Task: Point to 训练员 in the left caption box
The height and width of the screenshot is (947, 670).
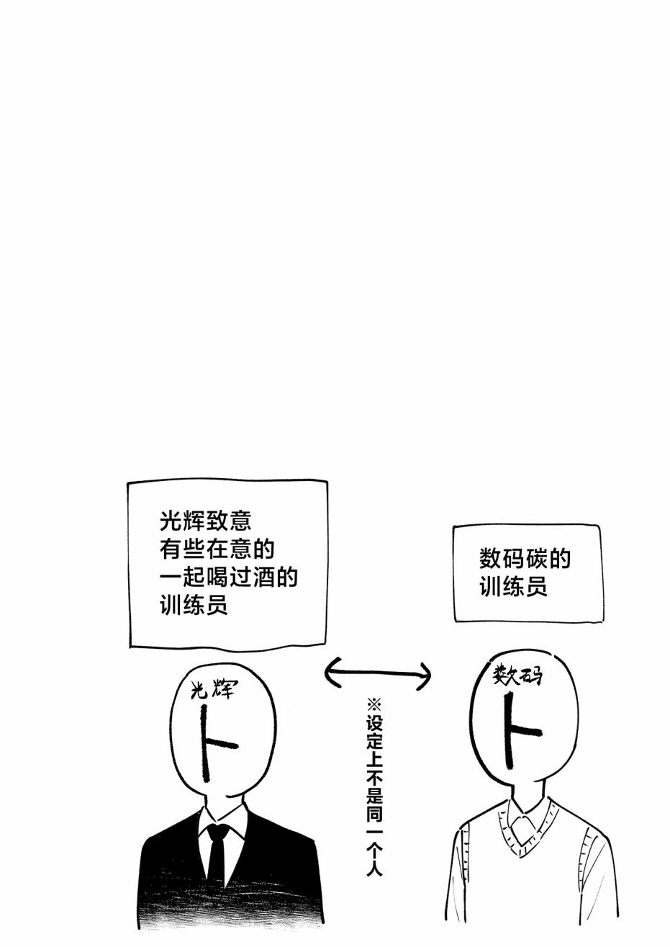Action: tap(194, 606)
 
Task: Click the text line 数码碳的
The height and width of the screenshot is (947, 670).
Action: tap(525, 560)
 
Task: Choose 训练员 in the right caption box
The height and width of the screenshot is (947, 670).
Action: tap(513, 587)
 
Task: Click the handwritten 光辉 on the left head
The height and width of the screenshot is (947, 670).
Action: tap(212, 692)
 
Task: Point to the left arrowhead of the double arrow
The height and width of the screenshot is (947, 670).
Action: tap(331, 671)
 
